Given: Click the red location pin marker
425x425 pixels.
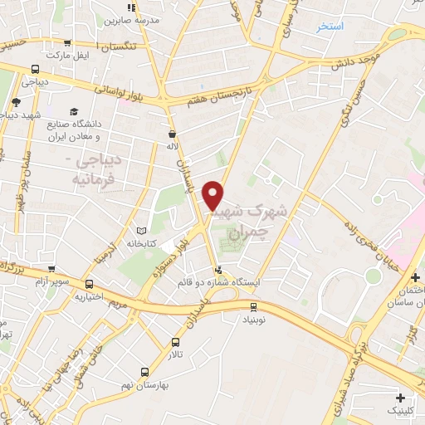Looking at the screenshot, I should [x=213, y=195].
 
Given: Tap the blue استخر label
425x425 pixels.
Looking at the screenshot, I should [x=330, y=27].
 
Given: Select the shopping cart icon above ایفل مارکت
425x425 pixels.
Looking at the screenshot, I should [x=68, y=42].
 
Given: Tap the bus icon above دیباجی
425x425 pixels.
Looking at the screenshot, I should [x=35, y=71].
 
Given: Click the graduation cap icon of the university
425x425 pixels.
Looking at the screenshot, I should [x=74, y=111].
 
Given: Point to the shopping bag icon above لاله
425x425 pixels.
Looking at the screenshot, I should [x=172, y=133].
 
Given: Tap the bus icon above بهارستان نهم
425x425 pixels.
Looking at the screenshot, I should [x=144, y=373].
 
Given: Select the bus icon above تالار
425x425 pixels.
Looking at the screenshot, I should [x=175, y=342].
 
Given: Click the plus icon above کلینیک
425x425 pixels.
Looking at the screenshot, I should [x=402, y=398].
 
